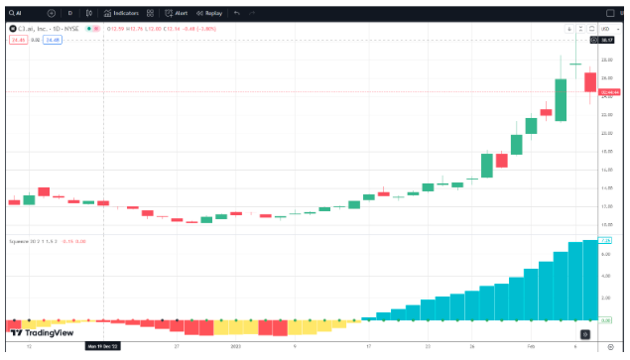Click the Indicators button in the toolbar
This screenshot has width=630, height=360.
(122, 13)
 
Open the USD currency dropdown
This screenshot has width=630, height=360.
(606, 29)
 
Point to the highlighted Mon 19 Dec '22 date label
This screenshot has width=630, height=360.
(104, 347)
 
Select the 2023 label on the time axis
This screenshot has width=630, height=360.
(235, 347)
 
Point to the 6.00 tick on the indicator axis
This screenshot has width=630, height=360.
(604, 256)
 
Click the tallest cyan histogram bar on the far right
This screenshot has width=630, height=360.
(590, 281)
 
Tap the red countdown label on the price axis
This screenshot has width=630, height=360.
(606, 92)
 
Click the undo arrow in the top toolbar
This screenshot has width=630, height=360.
(237, 13)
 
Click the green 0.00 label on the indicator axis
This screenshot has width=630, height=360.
(606, 320)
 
